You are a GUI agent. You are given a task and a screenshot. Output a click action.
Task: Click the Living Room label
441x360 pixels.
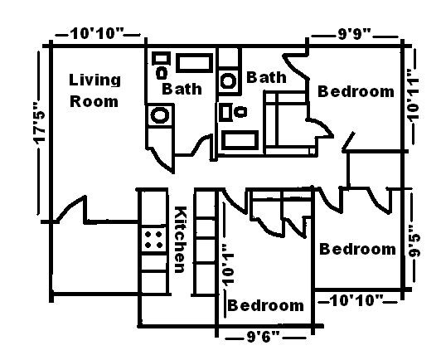point(94,91)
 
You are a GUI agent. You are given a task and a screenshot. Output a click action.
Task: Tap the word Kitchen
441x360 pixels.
point(178,240)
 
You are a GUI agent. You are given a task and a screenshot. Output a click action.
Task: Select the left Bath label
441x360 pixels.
point(180,88)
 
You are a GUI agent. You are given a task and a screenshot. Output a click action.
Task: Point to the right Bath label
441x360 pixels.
point(266,78)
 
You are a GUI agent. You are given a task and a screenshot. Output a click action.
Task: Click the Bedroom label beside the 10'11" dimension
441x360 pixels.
point(356,91)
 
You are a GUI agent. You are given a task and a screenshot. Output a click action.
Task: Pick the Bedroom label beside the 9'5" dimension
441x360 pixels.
point(357,249)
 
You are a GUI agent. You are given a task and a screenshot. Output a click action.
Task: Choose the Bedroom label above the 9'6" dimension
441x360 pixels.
point(265,306)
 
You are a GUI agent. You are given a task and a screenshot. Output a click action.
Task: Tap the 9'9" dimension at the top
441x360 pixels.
point(355,35)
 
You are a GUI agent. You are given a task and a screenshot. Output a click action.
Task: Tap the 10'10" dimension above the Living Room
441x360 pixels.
point(97,34)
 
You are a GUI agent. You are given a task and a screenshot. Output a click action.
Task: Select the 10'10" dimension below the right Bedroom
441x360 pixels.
point(356,299)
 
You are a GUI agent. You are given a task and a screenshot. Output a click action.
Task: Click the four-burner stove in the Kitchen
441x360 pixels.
point(153,241)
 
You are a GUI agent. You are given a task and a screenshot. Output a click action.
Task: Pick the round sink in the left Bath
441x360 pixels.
point(157,115)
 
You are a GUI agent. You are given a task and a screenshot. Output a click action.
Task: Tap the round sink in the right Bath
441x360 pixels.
point(228,81)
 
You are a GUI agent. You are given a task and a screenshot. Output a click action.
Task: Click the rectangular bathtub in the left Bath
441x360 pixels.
point(194,62)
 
